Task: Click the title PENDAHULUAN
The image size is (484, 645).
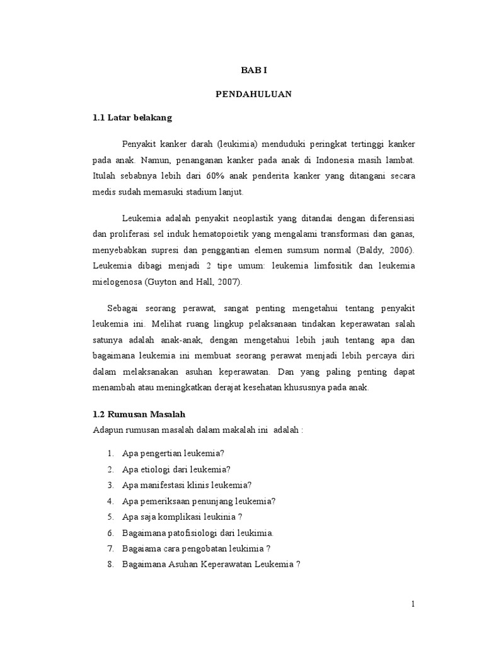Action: coord(253,94)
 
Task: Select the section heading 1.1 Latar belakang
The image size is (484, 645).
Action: coord(132,117)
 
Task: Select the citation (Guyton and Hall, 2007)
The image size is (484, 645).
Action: coord(192,282)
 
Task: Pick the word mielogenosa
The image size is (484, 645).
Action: coord(117,282)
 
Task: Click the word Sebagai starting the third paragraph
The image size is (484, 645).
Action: coord(124,307)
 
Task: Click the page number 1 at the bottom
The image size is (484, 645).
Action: coord(413,604)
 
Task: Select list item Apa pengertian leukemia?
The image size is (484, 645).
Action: coord(174,453)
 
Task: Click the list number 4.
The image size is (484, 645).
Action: coord(110,501)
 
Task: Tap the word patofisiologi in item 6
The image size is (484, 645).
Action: coord(192,532)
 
